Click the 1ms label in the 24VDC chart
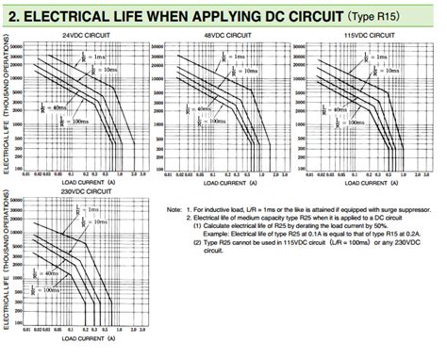[102, 57]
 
